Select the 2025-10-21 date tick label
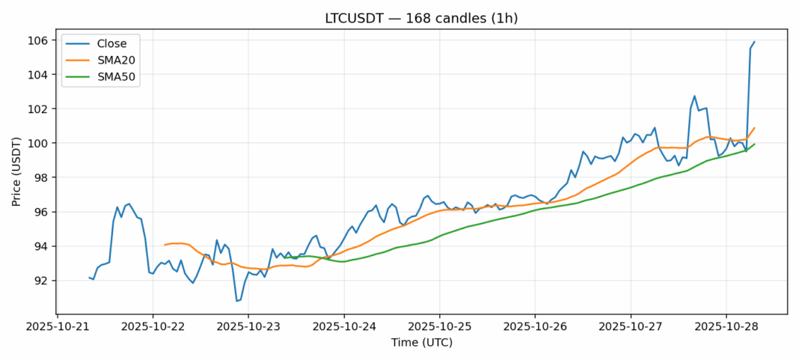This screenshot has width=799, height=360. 58,327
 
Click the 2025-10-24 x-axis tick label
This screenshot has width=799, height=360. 344,327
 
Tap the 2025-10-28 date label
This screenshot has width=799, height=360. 726,327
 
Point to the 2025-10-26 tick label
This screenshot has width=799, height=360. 535,327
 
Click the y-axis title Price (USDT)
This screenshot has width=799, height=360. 16,171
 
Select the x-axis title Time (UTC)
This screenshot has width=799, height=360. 422,343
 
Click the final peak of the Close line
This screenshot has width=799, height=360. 754,42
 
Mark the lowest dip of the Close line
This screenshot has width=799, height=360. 236,301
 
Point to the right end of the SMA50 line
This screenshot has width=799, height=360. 754,144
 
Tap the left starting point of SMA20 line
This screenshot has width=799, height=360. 165,245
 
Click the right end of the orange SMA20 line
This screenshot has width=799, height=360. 754,128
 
